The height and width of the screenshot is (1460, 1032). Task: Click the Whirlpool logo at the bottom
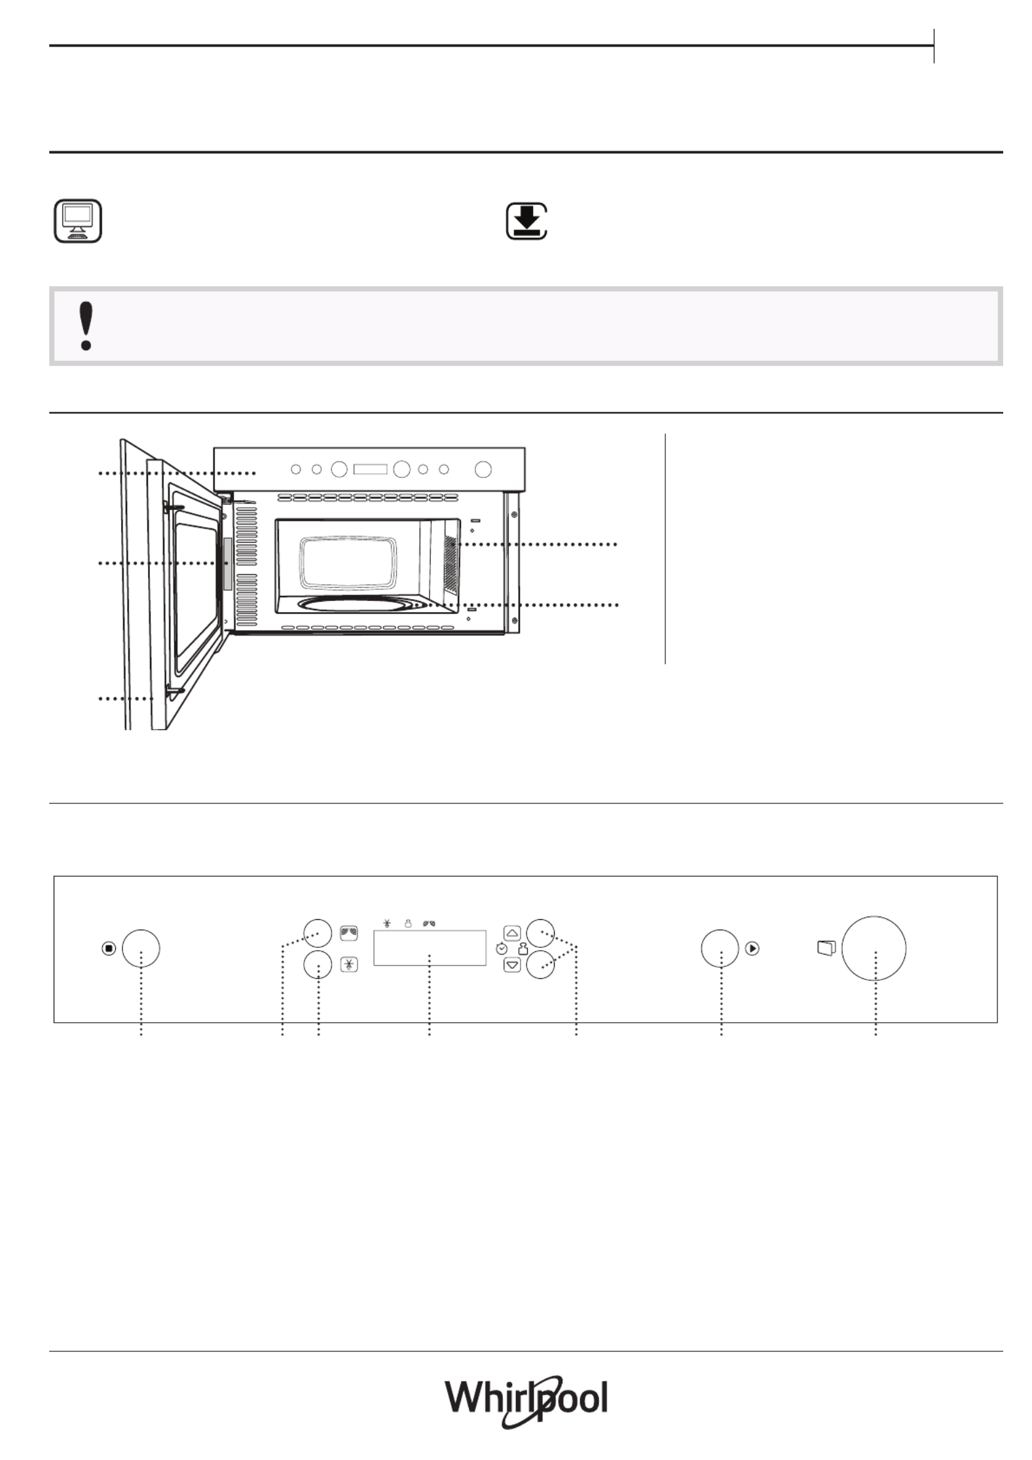(527, 1400)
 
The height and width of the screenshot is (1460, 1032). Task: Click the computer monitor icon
(77, 221)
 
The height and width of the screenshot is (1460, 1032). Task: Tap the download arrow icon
(526, 221)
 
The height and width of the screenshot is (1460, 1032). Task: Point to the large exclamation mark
(85, 325)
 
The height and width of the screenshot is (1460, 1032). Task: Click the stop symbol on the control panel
(109, 948)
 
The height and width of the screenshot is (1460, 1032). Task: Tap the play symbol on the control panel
(752, 948)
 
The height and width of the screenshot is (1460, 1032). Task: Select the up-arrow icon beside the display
(512, 933)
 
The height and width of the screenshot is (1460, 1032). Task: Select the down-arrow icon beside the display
(512, 964)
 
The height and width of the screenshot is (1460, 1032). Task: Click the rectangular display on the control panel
(430, 947)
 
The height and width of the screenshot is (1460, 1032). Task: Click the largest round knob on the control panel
(874, 948)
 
